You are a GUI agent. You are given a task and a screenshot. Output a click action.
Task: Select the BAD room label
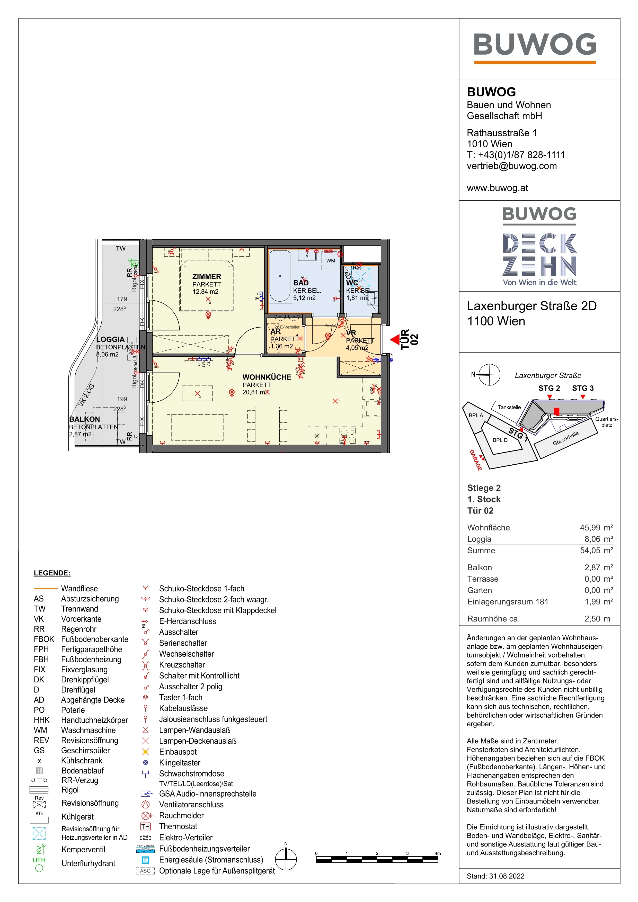point(301,283)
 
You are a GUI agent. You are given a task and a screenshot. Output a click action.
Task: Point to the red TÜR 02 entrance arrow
point(394,340)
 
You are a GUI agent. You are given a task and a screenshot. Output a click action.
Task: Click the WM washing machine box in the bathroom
point(331,261)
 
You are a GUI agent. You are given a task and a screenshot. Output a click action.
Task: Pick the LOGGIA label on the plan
point(110,339)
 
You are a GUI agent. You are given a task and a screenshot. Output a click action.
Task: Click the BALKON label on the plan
point(85,419)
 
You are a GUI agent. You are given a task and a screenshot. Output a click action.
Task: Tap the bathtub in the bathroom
point(280,276)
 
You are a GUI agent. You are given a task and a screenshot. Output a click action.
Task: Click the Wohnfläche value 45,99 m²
point(596,528)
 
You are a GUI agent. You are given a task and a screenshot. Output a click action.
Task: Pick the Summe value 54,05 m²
point(596,551)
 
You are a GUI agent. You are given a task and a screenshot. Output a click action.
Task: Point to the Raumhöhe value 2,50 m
point(597,619)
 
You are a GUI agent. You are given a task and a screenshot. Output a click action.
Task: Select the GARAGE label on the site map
point(476,461)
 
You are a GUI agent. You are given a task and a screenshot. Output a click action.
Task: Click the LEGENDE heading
point(52,573)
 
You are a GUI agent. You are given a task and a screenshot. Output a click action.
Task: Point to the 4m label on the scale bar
point(438,853)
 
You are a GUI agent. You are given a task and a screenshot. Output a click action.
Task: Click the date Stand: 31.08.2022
point(495,876)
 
